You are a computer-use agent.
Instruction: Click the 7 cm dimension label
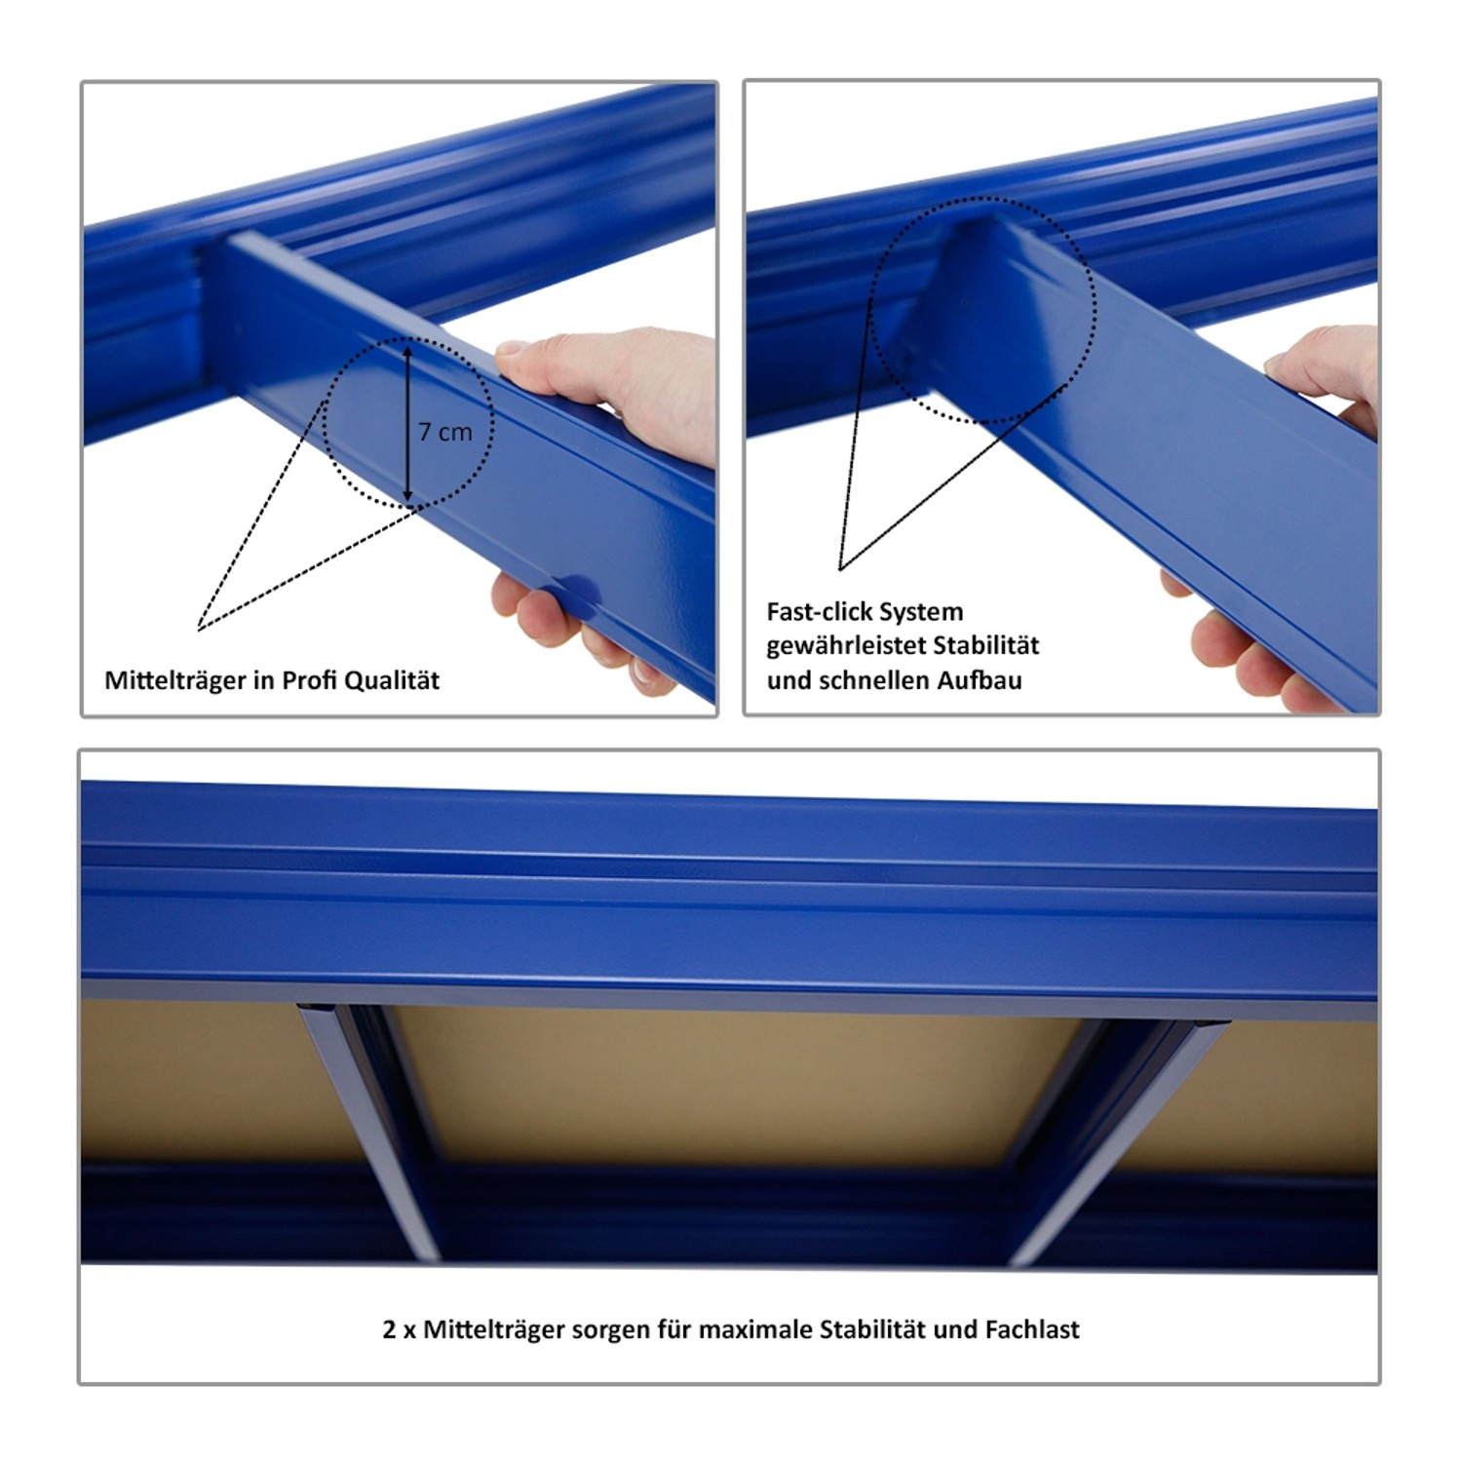pos(445,432)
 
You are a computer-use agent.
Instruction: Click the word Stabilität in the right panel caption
pos(985,645)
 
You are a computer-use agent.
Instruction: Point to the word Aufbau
pos(980,680)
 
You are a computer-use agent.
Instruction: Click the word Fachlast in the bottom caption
pos(1032,1329)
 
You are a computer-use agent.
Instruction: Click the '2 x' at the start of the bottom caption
pos(399,1329)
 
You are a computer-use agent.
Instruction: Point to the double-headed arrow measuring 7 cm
pos(408,422)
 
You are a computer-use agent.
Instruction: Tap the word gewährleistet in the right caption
pos(845,647)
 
